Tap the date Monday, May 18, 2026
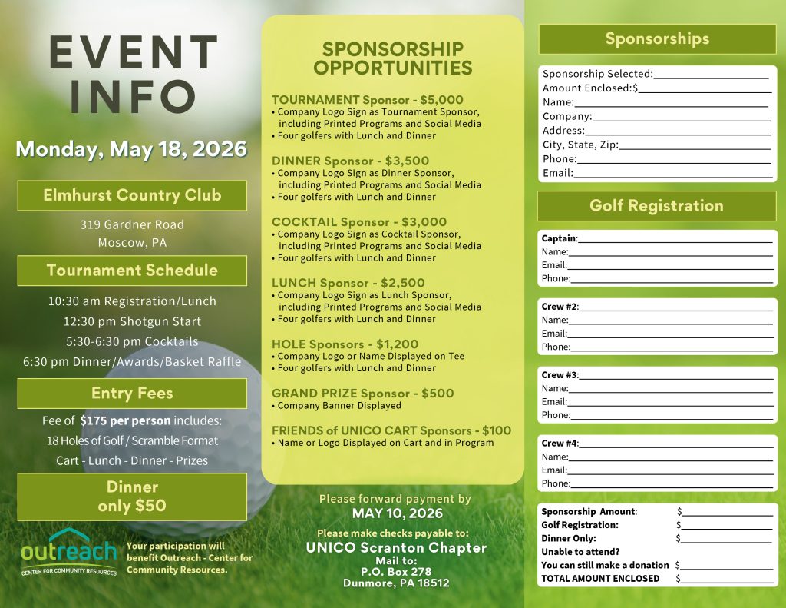click(x=131, y=148)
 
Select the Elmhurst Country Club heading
click(x=132, y=195)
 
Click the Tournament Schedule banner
click(x=132, y=271)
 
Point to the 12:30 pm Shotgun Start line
click(x=132, y=321)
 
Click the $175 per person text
click(x=125, y=420)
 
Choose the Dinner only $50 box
click(x=132, y=497)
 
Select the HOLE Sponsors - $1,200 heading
click(x=345, y=344)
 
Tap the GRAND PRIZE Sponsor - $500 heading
click(x=362, y=394)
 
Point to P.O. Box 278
click(x=396, y=572)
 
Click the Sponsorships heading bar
click(x=657, y=38)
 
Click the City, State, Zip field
click(x=694, y=145)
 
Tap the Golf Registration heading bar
click(x=656, y=206)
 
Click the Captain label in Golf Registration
click(x=558, y=238)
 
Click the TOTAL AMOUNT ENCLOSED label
click(x=599, y=579)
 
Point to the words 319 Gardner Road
click(x=132, y=224)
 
